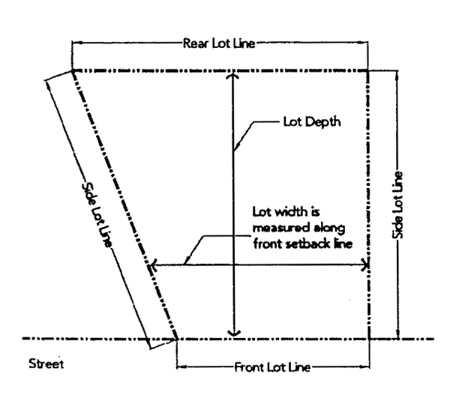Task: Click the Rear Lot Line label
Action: pos(219,43)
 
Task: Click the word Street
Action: pos(43,365)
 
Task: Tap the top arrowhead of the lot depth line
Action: pos(235,75)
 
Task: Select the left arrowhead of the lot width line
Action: pos(154,264)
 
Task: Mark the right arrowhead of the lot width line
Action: pos(366,264)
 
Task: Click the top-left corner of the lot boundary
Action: pos(73,70)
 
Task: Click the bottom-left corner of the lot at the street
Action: pos(176,338)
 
